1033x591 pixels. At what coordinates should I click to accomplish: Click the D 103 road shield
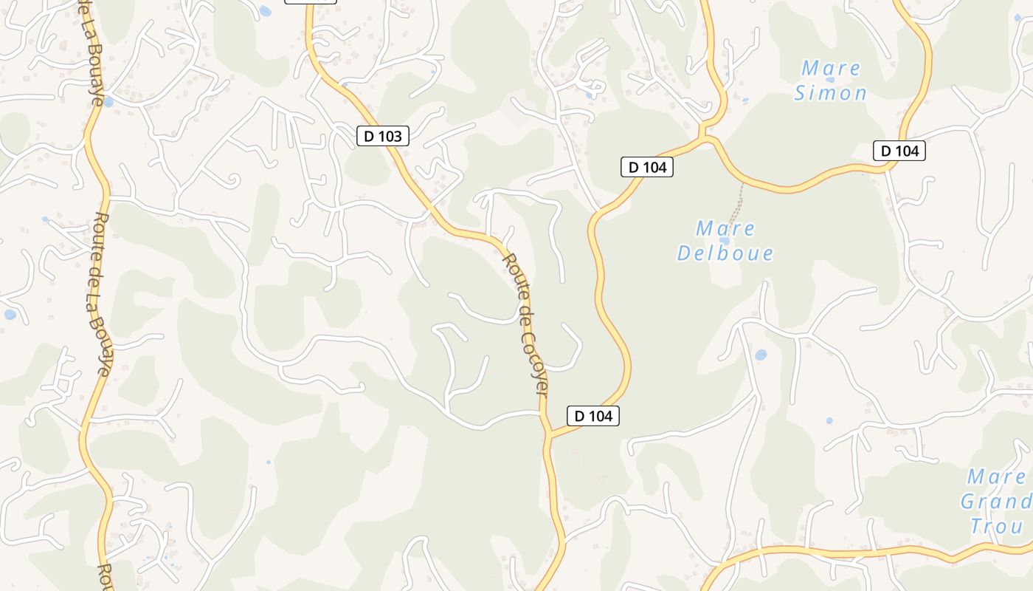click(x=382, y=136)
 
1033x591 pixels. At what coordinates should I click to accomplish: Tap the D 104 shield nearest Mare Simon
click(x=899, y=151)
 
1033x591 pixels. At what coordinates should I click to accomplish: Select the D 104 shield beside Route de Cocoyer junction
click(x=593, y=416)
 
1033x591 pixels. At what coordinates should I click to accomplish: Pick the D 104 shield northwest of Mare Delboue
click(x=647, y=167)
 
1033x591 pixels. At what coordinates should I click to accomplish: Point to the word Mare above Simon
click(x=831, y=69)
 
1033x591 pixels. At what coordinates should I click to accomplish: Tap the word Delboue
click(x=725, y=253)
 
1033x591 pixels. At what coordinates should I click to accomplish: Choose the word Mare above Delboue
click(x=725, y=228)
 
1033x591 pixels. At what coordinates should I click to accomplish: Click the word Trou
click(x=997, y=526)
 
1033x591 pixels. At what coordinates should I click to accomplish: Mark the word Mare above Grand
click(x=997, y=476)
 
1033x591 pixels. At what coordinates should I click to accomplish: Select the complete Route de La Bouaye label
click(x=102, y=295)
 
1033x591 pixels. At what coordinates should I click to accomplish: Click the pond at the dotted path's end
click(x=725, y=240)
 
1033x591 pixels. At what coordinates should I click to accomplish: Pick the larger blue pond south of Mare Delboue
click(x=761, y=355)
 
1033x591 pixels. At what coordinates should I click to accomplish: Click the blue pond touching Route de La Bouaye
click(x=108, y=102)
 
